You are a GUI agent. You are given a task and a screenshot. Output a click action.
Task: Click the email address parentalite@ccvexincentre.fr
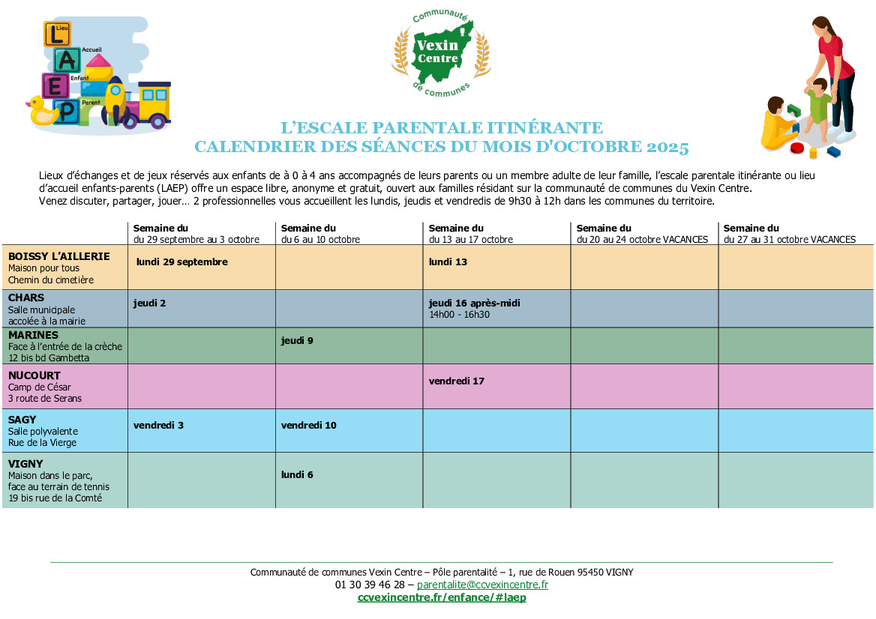(x=482, y=585)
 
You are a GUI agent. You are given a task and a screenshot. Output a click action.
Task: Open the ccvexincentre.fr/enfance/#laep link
(x=442, y=597)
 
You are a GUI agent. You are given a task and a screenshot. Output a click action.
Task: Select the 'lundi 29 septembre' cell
(x=182, y=262)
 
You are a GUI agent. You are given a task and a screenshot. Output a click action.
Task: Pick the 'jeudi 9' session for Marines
(x=297, y=341)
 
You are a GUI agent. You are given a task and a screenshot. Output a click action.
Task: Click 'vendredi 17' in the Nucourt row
(x=456, y=381)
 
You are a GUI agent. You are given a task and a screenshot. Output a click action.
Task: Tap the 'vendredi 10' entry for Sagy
(x=308, y=426)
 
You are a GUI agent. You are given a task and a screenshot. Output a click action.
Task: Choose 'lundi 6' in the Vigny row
(x=297, y=474)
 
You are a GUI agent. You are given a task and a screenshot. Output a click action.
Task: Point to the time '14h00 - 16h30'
(x=459, y=315)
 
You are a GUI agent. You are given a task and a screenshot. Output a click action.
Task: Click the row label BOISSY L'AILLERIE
(x=58, y=256)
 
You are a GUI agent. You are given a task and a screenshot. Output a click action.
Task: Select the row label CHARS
(x=26, y=298)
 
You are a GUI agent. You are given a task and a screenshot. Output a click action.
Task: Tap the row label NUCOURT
(x=34, y=375)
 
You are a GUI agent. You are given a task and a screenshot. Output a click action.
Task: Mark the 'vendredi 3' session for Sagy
(x=158, y=426)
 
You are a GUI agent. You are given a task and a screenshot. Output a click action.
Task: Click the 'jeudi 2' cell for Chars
(x=149, y=304)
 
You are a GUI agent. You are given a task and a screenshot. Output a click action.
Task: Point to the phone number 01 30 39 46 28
(x=370, y=585)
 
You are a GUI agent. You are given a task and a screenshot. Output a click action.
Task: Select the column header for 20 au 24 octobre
(x=641, y=234)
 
